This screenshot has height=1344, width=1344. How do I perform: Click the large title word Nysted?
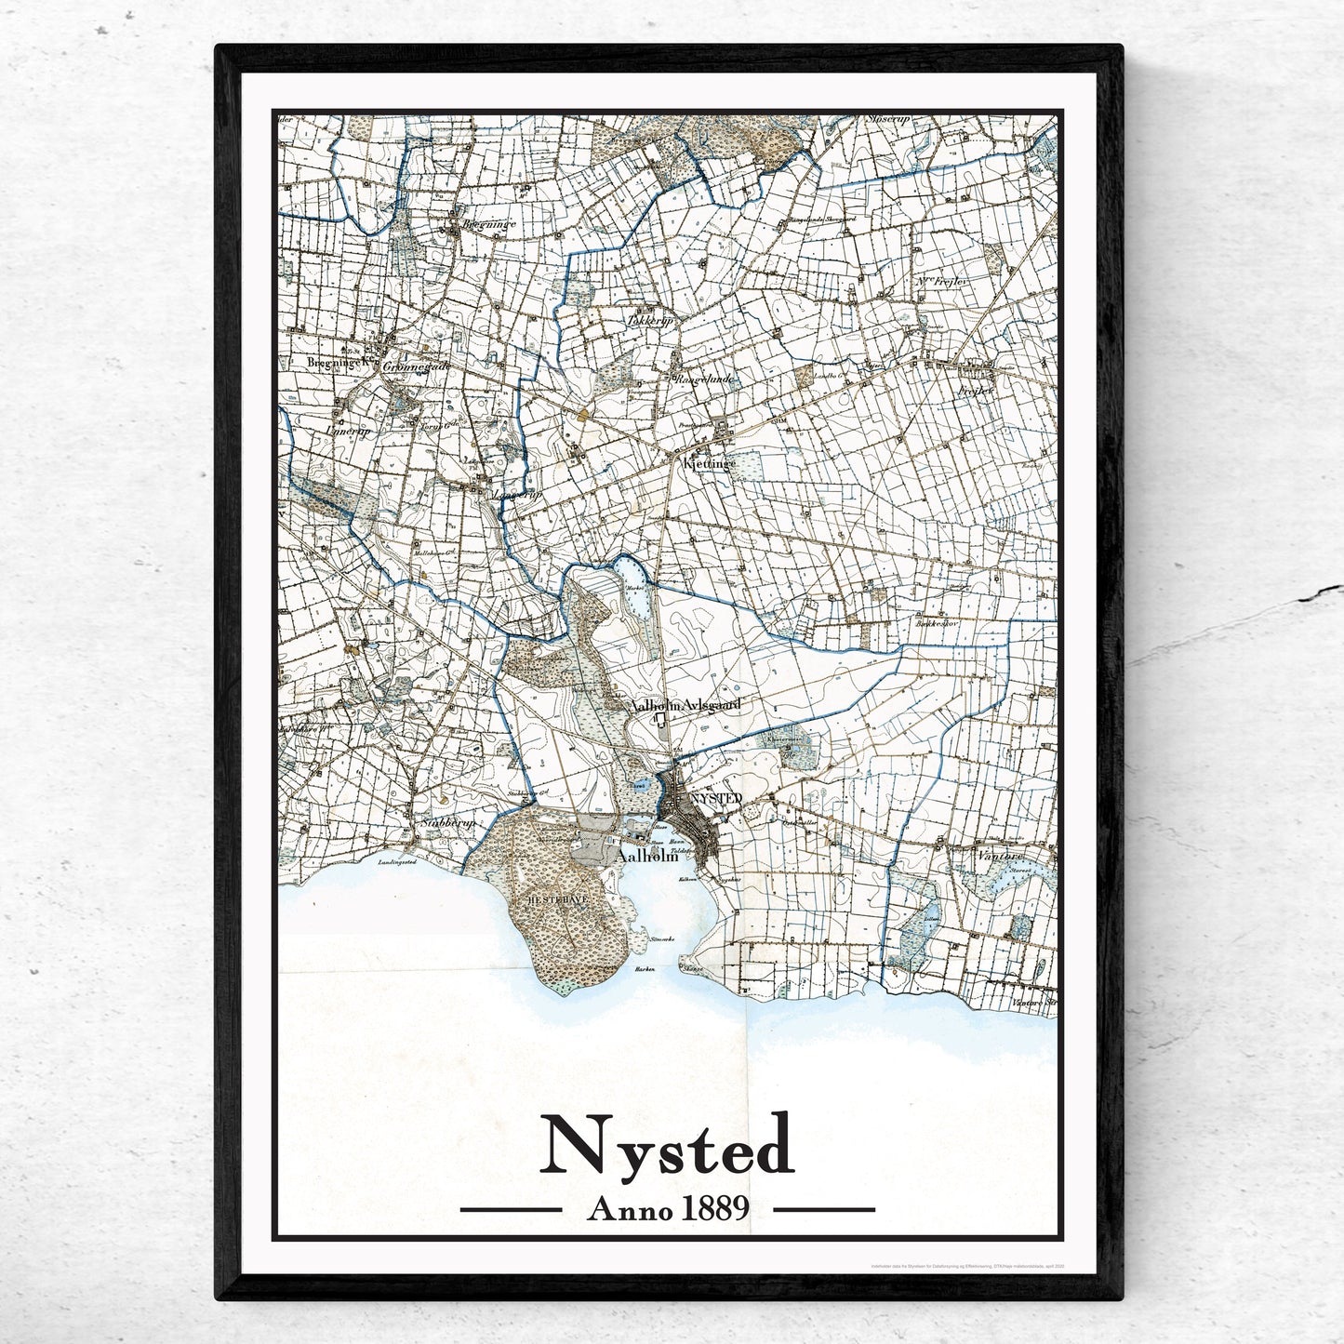coord(668,1148)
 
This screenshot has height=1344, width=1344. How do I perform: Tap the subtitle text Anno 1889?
coord(668,1209)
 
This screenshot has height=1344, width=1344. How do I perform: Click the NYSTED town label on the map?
coord(716,798)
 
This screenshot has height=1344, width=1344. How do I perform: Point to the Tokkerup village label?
coord(650,321)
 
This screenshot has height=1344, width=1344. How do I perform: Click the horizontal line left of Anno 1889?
coord(511,1210)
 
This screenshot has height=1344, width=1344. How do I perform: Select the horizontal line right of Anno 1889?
coord(824,1210)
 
